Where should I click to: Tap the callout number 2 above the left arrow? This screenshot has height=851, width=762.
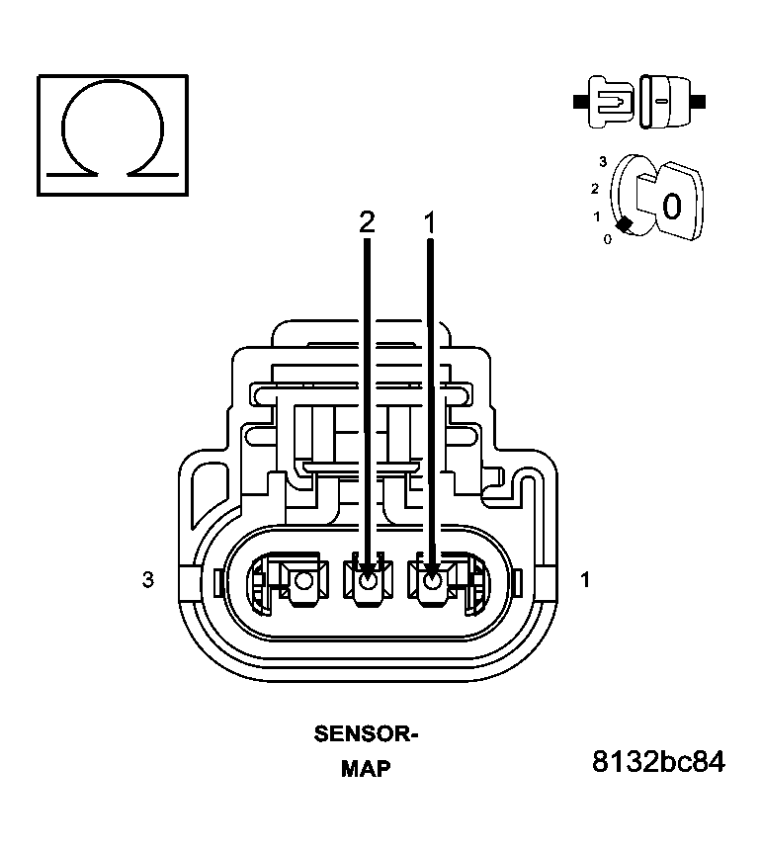(x=367, y=223)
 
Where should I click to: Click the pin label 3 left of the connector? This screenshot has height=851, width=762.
(x=148, y=580)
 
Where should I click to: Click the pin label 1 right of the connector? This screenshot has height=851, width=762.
(x=585, y=580)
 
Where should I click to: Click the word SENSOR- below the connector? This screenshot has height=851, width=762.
(x=366, y=734)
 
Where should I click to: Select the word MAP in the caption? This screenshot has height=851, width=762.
(x=366, y=768)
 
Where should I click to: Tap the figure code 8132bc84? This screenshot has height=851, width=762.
(x=657, y=762)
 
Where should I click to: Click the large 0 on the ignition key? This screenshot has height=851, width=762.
(x=671, y=206)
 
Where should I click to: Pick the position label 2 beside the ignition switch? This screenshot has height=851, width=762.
(x=595, y=188)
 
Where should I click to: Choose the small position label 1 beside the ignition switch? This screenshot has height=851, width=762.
(x=597, y=215)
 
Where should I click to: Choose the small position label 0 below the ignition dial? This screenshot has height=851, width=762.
(x=608, y=238)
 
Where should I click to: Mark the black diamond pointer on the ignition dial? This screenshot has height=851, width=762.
(x=624, y=225)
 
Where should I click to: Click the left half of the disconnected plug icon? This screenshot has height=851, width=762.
(x=610, y=101)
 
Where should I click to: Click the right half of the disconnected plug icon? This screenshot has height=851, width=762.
(x=663, y=101)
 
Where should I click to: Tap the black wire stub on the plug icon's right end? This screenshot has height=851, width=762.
(x=698, y=101)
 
